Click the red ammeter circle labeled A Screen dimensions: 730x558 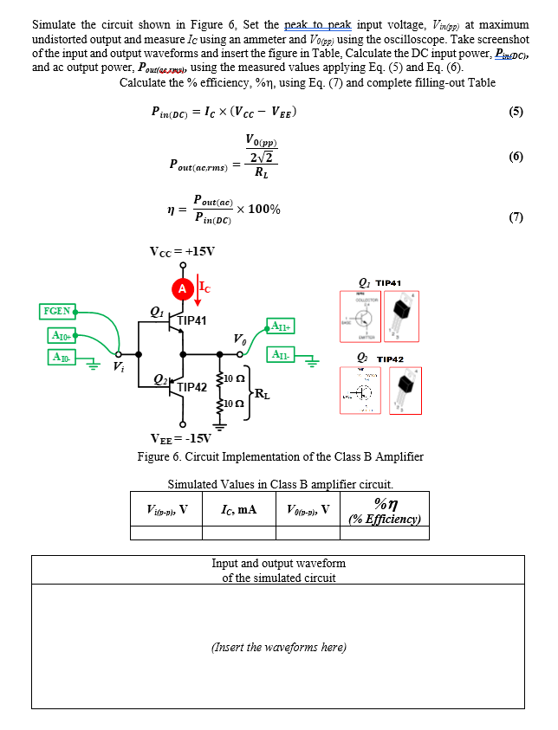tap(182, 288)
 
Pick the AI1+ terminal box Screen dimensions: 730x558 tap(283, 326)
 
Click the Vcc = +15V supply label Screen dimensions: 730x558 tap(182, 252)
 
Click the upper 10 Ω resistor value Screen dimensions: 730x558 tap(235, 379)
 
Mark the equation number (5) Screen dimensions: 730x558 tap(516, 112)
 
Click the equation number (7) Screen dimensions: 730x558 tap(516, 217)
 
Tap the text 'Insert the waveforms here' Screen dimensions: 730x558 tap(278, 647)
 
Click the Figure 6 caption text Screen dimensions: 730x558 tap(279, 456)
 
